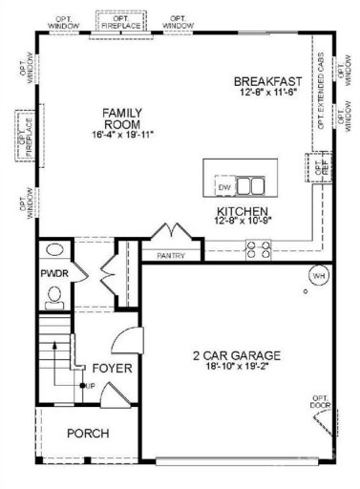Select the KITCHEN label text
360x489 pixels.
click(x=242, y=211)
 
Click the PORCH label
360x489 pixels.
click(x=87, y=433)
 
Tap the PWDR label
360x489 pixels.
click(x=52, y=274)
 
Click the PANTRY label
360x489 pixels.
click(x=172, y=256)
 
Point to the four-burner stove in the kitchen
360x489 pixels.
click(x=259, y=249)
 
